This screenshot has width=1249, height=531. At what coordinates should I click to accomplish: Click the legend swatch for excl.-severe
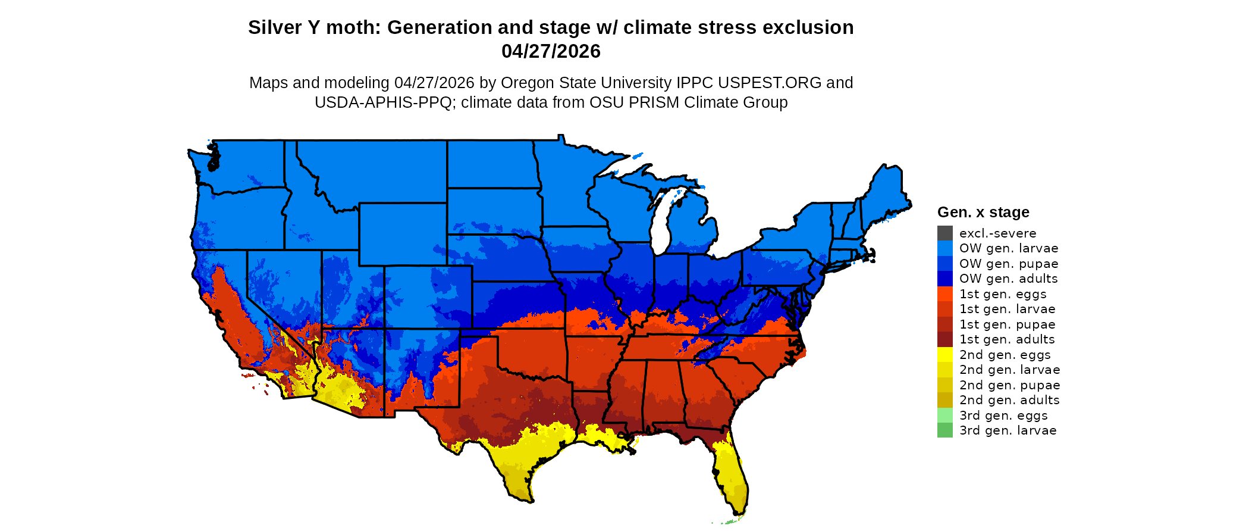tap(944, 233)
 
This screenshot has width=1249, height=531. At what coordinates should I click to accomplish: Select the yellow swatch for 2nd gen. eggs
tap(944, 355)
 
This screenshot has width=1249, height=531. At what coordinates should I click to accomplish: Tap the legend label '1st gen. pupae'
tap(1007, 324)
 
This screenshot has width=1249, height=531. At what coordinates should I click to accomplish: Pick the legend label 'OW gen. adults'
tap(1008, 279)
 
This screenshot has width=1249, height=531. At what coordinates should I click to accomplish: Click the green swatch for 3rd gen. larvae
tap(944, 430)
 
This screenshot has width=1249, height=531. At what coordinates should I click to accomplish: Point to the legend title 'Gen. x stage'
tap(983, 213)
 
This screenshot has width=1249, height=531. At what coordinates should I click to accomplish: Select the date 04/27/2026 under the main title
tap(551, 52)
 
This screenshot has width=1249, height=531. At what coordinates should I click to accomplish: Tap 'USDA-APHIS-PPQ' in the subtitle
tap(383, 102)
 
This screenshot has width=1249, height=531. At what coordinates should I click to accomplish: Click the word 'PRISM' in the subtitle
tap(654, 102)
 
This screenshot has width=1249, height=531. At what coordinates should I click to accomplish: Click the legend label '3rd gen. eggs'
tap(1003, 416)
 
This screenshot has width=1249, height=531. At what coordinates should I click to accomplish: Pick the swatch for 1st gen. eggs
tap(944, 294)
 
